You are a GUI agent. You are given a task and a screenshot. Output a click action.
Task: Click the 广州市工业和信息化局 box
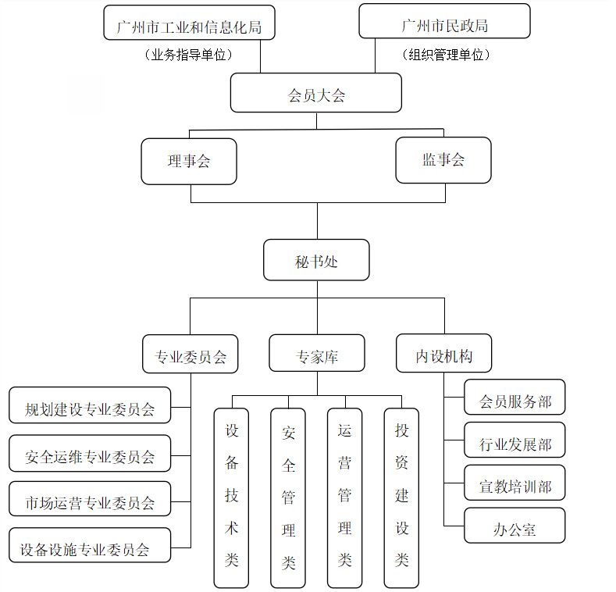tap(190, 23)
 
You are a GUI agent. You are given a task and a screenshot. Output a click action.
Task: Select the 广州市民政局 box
tap(445, 21)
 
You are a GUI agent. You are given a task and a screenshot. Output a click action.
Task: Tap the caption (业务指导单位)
tap(189, 55)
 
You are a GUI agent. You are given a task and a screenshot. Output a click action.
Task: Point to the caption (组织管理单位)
tap(446, 55)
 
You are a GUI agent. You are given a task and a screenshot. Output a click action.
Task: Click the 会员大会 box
tap(316, 93)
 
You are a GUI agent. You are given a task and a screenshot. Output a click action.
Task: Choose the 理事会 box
tap(189, 161)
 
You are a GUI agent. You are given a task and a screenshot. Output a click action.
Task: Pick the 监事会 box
tap(443, 160)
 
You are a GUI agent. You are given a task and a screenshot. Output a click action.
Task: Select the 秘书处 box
tap(316, 260)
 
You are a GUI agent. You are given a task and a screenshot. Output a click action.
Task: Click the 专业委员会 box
tap(190, 354)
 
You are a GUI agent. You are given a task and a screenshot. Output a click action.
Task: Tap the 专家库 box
tap(317, 353)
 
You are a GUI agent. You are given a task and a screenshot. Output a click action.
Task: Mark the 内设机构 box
tap(444, 353)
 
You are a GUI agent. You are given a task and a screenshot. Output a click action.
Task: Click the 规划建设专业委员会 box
tap(90, 405)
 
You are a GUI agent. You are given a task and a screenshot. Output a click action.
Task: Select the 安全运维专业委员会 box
tap(90, 453)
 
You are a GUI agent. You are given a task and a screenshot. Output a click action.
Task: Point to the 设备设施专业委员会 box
tap(90, 545)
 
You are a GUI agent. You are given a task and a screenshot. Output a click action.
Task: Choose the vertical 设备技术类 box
tap(231, 498)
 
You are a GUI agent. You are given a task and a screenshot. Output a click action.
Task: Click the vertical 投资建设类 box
tap(401, 498)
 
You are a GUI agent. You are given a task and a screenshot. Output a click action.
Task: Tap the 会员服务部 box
tap(515, 397)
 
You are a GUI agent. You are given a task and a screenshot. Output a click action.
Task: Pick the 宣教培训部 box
tap(515, 483)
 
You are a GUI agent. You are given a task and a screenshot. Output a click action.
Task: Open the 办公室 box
tap(515, 526)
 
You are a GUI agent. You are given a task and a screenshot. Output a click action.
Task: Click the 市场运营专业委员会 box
tap(90, 499)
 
